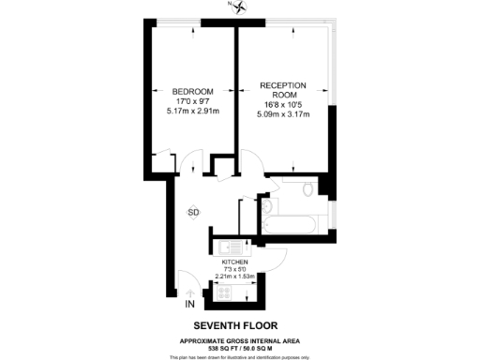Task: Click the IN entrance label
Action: click(188, 305)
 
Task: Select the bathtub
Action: click(291, 226)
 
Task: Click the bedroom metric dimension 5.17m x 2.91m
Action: click(192, 111)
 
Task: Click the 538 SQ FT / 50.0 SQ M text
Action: click(240, 347)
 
